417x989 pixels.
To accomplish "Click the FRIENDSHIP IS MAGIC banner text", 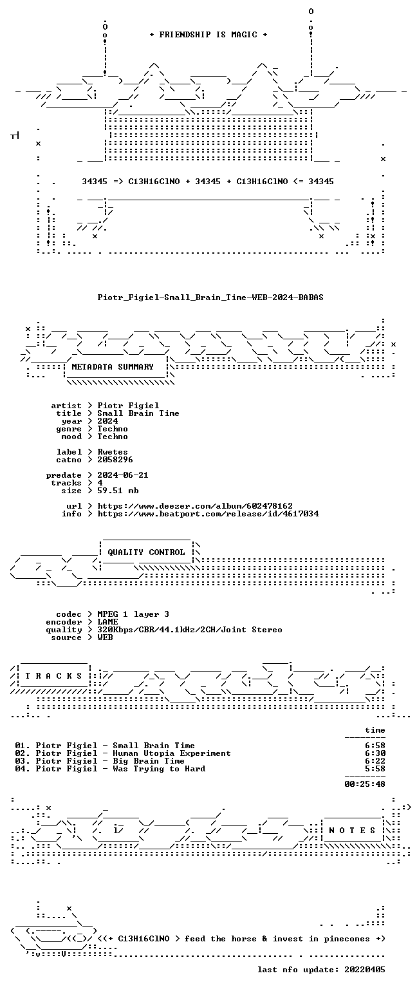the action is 208,34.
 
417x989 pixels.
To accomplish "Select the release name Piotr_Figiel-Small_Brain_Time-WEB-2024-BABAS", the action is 210,297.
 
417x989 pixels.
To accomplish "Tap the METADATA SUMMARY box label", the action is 113,366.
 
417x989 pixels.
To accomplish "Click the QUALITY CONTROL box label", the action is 146,552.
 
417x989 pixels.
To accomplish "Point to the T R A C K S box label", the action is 54,675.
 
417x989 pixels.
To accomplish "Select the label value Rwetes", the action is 113,451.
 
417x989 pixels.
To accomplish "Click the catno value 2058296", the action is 115,460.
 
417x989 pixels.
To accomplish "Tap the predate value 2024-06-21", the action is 123,475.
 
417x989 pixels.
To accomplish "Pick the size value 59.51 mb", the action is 118,491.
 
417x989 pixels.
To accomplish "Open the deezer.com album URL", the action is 195,506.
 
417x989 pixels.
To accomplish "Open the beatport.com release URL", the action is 208,513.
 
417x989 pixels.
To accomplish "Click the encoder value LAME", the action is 107,621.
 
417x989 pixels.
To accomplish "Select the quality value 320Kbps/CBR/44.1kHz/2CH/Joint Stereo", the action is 190,630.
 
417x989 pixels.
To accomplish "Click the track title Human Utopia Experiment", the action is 172,753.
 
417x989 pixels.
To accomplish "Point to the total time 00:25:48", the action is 365,784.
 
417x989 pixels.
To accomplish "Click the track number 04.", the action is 21,769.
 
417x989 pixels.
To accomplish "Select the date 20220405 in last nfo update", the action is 365,969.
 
